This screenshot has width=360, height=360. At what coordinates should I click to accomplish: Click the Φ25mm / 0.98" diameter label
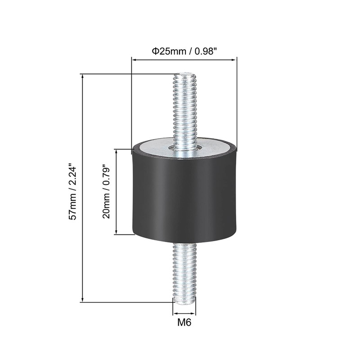pos(184,51)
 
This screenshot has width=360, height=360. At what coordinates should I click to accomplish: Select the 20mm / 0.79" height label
pos(106,192)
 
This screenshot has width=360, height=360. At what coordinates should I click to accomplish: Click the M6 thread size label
pos(184,323)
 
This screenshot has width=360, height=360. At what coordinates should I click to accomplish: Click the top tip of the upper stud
pos(185,74)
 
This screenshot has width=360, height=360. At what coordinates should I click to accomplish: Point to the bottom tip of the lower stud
pos(184,301)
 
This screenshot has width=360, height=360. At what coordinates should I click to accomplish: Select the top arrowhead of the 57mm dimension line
pos(83,77)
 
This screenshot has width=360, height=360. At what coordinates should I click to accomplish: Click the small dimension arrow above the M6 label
pos(184,313)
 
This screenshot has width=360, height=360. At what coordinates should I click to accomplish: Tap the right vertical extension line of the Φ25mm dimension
pos(237,103)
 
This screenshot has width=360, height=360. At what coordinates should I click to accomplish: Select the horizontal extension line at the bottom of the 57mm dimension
pos(126,302)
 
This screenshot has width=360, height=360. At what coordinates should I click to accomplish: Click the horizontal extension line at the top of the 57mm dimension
pos(126,74)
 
